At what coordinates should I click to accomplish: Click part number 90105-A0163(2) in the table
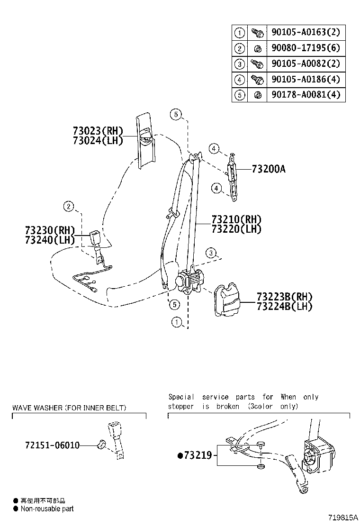point(306,32)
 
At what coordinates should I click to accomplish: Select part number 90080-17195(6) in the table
point(306,48)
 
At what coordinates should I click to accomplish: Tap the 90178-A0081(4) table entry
point(306,95)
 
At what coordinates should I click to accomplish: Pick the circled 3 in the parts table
point(240,64)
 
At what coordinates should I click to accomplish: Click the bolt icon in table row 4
point(257,79)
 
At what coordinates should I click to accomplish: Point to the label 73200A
point(269,169)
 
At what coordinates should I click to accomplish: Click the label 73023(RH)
point(98,131)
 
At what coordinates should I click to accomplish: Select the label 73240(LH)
point(50,239)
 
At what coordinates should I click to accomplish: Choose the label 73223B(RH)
point(284,297)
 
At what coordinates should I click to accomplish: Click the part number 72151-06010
point(52,445)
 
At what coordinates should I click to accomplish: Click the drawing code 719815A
point(342,518)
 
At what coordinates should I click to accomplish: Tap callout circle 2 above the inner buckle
point(69,206)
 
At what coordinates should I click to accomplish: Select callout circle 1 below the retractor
point(177,323)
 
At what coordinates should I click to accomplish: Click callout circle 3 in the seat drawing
point(211,253)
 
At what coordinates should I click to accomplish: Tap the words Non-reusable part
point(47,509)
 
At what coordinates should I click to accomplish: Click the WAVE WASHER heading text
point(69,408)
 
